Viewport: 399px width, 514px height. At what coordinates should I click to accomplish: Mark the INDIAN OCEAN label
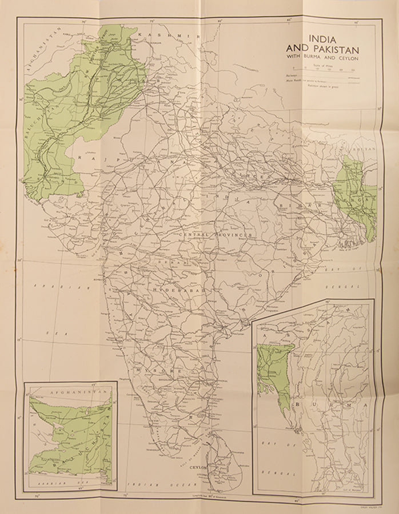pos(154,484)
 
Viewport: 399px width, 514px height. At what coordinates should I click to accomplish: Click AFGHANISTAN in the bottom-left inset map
pos(71,393)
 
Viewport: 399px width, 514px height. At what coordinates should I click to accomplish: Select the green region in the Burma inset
pos(272,368)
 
